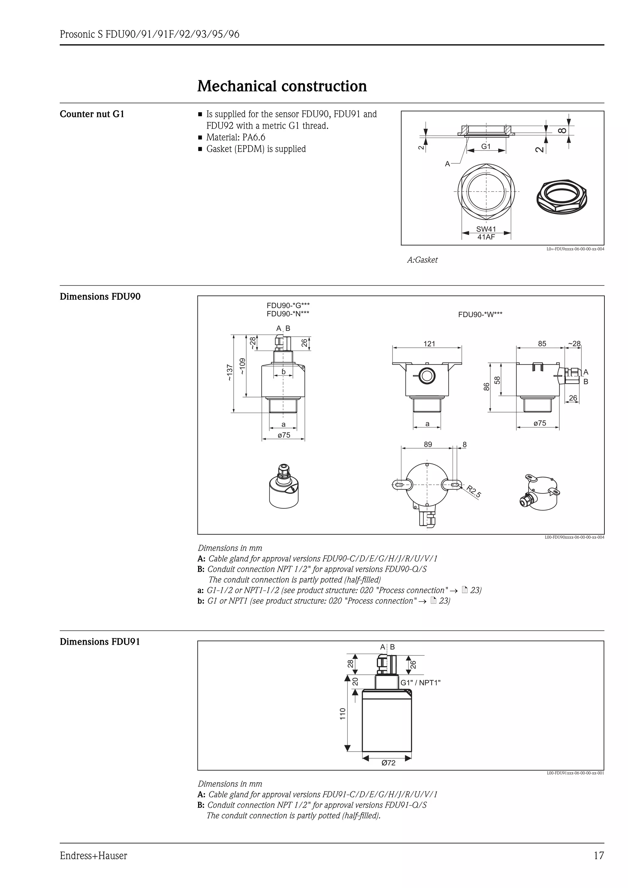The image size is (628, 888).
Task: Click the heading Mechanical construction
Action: pyautogui.click(x=282, y=86)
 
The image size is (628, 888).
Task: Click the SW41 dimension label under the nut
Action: pyautogui.click(x=486, y=229)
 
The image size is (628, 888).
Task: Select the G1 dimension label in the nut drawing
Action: pyautogui.click(x=486, y=146)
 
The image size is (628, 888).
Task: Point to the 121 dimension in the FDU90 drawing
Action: pyautogui.click(x=429, y=343)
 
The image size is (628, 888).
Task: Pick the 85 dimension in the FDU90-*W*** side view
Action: pyautogui.click(x=542, y=343)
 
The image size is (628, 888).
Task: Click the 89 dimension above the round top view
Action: pyautogui.click(x=427, y=444)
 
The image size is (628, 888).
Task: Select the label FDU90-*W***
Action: pyautogui.click(x=480, y=314)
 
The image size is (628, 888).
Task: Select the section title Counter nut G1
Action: pyautogui.click(x=92, y=114)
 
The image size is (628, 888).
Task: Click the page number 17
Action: pyautogui.click(x=598, y=856)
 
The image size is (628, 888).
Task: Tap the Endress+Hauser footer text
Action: pyautogui.click(x=93, y=856)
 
